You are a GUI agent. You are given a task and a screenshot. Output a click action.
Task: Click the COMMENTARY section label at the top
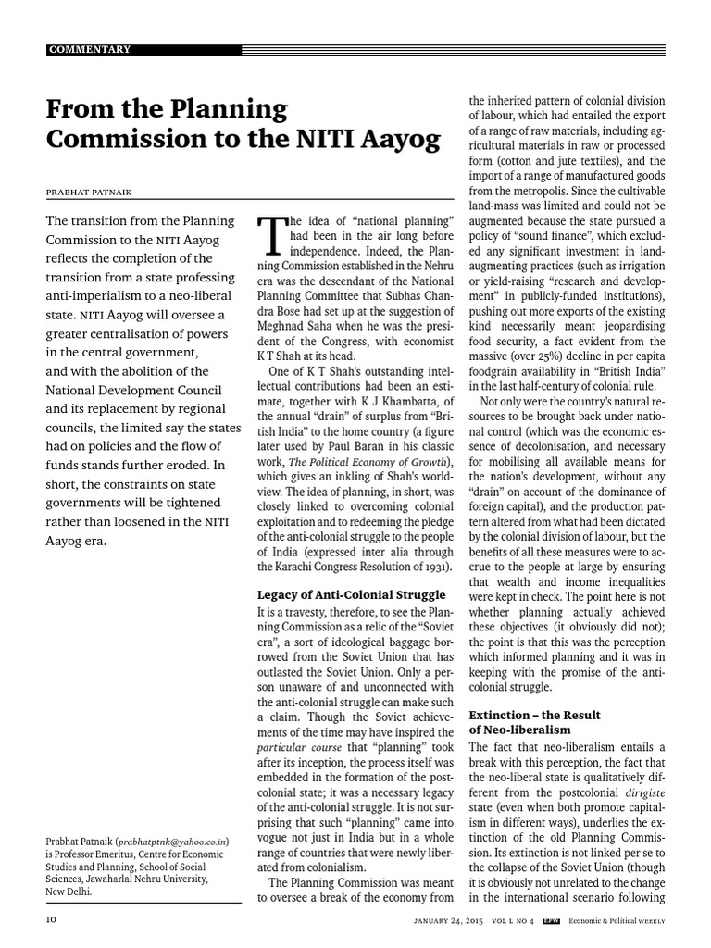(x=89, y=49)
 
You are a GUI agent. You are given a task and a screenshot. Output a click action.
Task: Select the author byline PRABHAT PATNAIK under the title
(x=91, y=193)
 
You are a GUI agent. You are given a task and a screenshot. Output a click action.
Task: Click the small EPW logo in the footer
(x=552, y=921)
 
